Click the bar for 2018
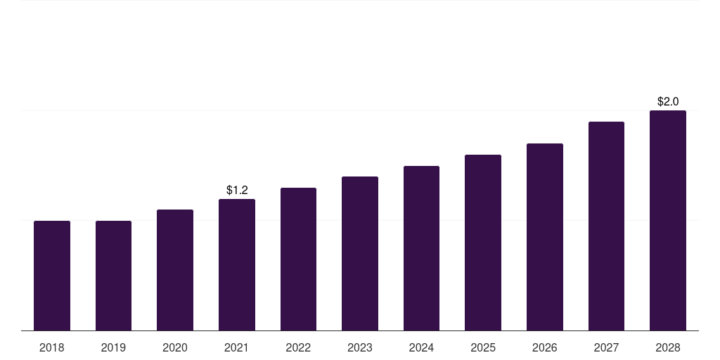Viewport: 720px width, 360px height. [52, 276]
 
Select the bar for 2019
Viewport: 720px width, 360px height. [113, 276]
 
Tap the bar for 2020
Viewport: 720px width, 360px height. [175, 270]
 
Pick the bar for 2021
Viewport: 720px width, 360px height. [237, 264]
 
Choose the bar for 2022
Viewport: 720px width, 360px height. [298, 259]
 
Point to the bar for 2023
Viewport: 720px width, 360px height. [360, 253]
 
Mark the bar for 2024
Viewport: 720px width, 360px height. [421, 248]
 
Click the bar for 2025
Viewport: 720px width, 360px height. [483, 243]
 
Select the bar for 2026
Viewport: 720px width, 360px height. [545, 237]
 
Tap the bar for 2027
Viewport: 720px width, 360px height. [606, 226]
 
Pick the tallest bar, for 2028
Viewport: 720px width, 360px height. [668, 220]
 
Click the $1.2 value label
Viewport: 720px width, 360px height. [237, 190]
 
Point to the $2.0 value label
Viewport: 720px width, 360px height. [668, 101]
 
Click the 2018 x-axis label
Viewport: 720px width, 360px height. [52, 347]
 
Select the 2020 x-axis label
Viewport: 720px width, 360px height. [175, 347]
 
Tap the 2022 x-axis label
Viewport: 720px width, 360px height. [298, 347]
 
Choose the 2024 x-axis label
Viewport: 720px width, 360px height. [421, 347]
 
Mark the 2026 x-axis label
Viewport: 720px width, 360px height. [545, 347]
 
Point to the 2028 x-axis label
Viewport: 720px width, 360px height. [668, 347]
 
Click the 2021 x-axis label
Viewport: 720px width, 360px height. [237, 347]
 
